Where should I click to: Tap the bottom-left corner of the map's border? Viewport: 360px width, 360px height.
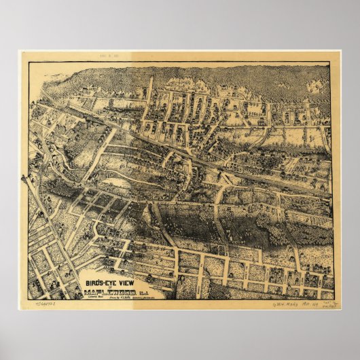point(26,300)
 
